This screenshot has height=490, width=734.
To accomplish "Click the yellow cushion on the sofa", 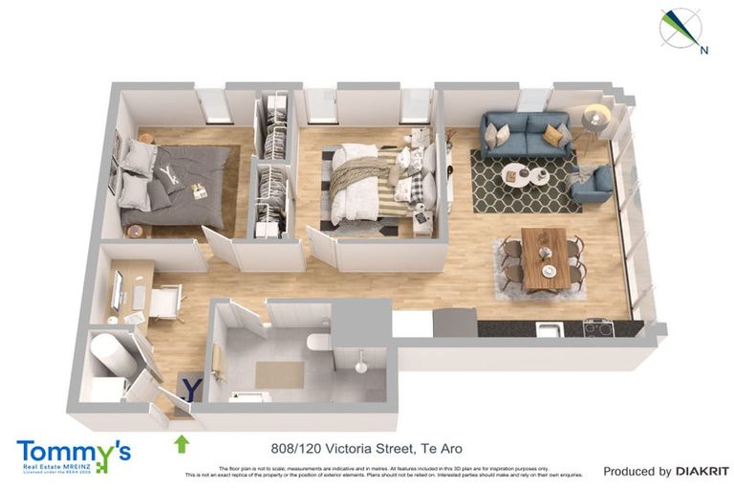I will pos(553,136).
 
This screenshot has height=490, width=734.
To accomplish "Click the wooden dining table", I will pos(545,256).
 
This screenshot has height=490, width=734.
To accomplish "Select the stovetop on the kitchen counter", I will pos(597,327).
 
